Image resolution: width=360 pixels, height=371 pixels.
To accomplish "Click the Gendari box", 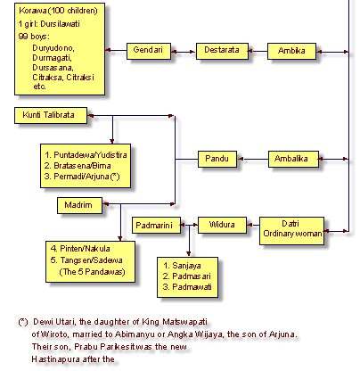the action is point(149,51).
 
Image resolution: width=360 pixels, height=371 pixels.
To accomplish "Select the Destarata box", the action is point(222,51).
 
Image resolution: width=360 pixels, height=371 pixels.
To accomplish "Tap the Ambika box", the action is point(291,51).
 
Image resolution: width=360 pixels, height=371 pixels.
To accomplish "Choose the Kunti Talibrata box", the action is point(51,115).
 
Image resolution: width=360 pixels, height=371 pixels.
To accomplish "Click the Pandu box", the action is point(217,159).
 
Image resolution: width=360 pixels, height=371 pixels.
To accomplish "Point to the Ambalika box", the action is point(293,159).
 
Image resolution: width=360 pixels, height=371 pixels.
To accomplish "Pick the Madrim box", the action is point(79,205).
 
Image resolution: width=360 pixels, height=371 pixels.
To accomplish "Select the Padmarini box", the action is point(156,225).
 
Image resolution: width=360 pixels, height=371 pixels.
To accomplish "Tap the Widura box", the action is point(222,225).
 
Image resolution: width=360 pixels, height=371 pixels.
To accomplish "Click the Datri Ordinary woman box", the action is point(291,231).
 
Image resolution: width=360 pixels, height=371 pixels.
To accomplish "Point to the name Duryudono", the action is point(53,48).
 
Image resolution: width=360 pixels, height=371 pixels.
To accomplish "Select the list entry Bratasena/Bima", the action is point(78,166).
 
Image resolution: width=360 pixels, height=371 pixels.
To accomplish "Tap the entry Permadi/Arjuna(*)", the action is point(82,177).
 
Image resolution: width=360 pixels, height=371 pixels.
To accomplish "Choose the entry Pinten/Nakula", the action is point(80,249).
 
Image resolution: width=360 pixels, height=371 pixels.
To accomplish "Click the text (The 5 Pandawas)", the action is point(92,272).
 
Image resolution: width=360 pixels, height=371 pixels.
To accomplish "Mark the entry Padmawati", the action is point(187,287).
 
